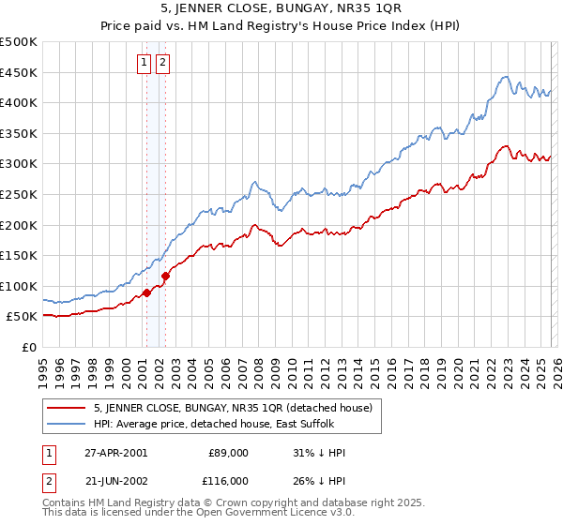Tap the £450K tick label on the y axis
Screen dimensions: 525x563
coord(19,72)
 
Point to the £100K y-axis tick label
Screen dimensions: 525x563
coord(19,286)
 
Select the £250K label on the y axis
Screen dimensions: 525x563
coord(19,194)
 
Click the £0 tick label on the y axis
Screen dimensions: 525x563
coord(28,347)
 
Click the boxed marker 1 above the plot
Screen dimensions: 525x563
coord(145,63)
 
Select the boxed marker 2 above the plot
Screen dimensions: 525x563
coord(162,63)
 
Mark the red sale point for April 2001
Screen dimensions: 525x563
coord(146,293)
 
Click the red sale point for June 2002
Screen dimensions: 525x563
coord(165,276)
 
